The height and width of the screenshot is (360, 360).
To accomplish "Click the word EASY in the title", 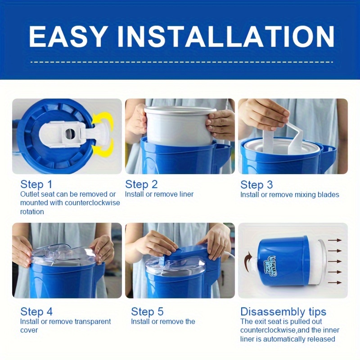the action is point(68,36).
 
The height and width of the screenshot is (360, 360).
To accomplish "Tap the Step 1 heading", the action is point(36,184).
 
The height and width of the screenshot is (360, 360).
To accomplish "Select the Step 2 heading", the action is point(141,184).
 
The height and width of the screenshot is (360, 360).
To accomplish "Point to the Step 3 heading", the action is point(256,184).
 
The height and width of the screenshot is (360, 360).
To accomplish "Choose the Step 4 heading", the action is point(36,311).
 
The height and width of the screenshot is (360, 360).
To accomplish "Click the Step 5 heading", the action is point(147,311).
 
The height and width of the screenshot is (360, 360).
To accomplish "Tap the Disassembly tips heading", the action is point(283,312).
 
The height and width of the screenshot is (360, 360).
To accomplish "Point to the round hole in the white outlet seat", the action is point(70,134).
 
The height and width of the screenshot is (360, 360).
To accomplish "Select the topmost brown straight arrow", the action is point(334,240).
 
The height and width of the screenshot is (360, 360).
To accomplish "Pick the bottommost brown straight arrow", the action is point(334,283).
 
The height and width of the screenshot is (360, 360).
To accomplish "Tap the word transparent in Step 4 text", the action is point(93,322).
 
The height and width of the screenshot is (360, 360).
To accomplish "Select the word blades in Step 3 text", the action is point(328,195).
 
